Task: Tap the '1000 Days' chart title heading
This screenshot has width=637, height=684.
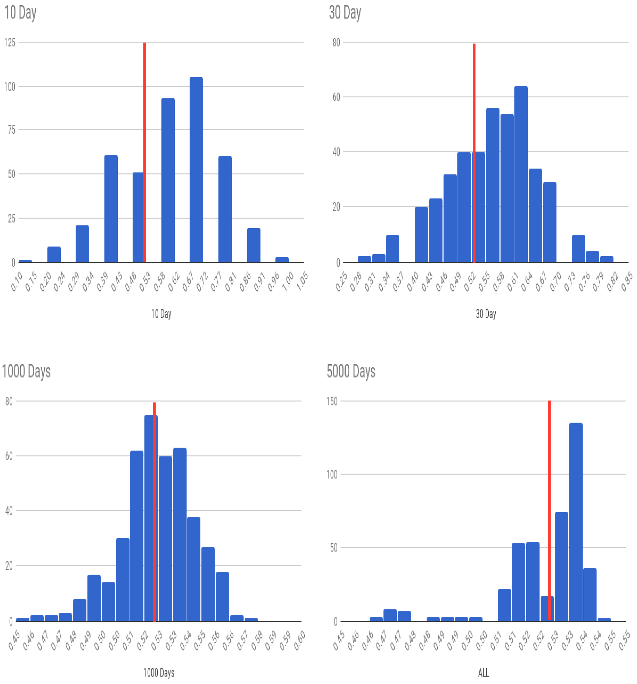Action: pyautogui.click(x=26, y=371)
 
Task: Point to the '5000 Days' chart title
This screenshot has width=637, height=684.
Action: pyautogui.click(x=351, y=371)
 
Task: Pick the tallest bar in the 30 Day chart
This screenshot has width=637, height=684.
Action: pyautogui.click(x=521, y=174)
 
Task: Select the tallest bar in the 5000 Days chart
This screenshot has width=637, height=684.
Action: pyautogui.click(x=576, y=521)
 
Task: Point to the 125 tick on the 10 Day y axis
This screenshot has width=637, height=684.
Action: pyautogui.click(x=10, y=42)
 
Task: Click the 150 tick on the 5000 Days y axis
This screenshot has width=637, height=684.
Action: pyautogui.click(x=332, y=401)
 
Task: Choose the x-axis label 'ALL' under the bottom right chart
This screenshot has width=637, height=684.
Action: pyautogui.click(x=483, y=672)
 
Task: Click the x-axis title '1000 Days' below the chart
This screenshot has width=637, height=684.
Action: pyautogui.click(x=159, y=672)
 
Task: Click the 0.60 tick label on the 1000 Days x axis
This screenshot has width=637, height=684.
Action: pyautogui.click(x=300, y=641)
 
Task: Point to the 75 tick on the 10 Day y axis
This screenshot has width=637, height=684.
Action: pyautogui.click(x=12, y=130)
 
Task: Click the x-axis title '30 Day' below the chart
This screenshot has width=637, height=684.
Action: pyautogui.click(x=486, y=313)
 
